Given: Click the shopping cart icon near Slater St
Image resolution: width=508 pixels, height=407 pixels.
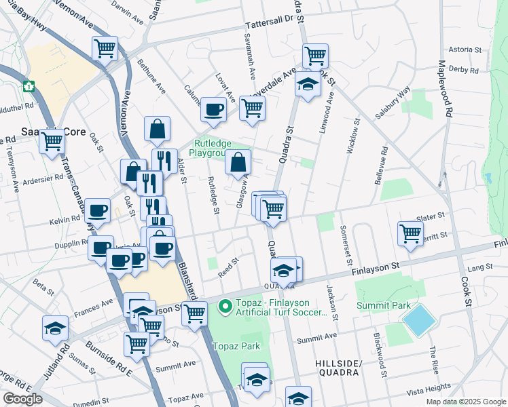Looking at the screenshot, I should point(411,233).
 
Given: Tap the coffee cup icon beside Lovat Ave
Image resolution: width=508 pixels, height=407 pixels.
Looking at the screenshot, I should point(213,109).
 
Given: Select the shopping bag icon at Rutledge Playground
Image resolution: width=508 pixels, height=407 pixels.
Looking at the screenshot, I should point(238,162).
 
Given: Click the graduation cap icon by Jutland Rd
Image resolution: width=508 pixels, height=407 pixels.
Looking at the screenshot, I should point(55,328).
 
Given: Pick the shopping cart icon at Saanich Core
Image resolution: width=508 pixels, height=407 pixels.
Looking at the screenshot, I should point(52,141).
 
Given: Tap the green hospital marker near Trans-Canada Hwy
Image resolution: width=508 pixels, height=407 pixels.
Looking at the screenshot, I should point(29,86).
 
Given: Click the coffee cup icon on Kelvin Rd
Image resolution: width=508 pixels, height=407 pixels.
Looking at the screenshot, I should point(98,211).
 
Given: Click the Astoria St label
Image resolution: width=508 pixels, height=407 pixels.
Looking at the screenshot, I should point(465,50).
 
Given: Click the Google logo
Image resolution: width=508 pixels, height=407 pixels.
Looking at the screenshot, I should point(22,399).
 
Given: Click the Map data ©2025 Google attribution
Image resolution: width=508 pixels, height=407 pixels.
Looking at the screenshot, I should point(466,402).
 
